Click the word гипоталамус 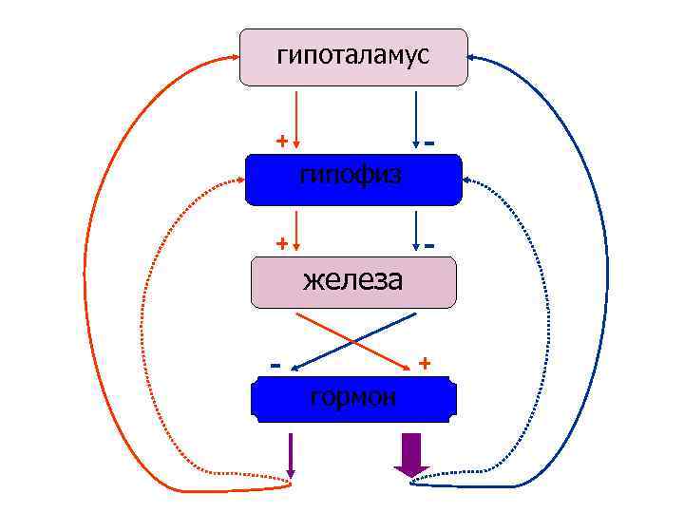coord(352,56)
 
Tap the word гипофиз coord(351,175)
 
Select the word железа coord(352,281)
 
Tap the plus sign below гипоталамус coord(281,141)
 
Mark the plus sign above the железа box coord(281,243)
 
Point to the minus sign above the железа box coord(430,245)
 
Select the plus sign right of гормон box coord(425,363)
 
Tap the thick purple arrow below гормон coord(411,454)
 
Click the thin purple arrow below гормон coord(291,455)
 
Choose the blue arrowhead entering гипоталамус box coord(472,58)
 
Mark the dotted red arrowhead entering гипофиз coord(240,179)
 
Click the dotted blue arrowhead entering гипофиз coord(466,179)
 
